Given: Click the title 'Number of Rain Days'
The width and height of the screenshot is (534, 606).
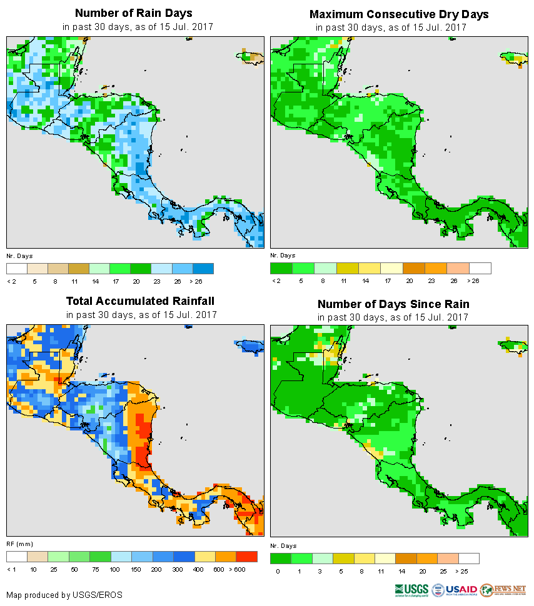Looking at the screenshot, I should (133, 13).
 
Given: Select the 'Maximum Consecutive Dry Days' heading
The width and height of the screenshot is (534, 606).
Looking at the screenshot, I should (399, 14).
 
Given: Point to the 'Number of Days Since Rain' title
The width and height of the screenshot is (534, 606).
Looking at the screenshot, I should (393, 304).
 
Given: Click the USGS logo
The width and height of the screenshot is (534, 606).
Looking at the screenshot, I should (411, 589).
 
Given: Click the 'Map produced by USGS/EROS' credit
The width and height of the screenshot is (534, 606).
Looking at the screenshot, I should (64, 595).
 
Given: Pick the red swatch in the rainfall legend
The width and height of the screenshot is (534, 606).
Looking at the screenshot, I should (246, 556).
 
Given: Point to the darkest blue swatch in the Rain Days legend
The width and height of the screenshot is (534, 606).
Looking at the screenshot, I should (204, 268).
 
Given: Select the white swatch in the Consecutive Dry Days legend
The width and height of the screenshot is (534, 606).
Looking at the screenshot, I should (480, 268).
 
